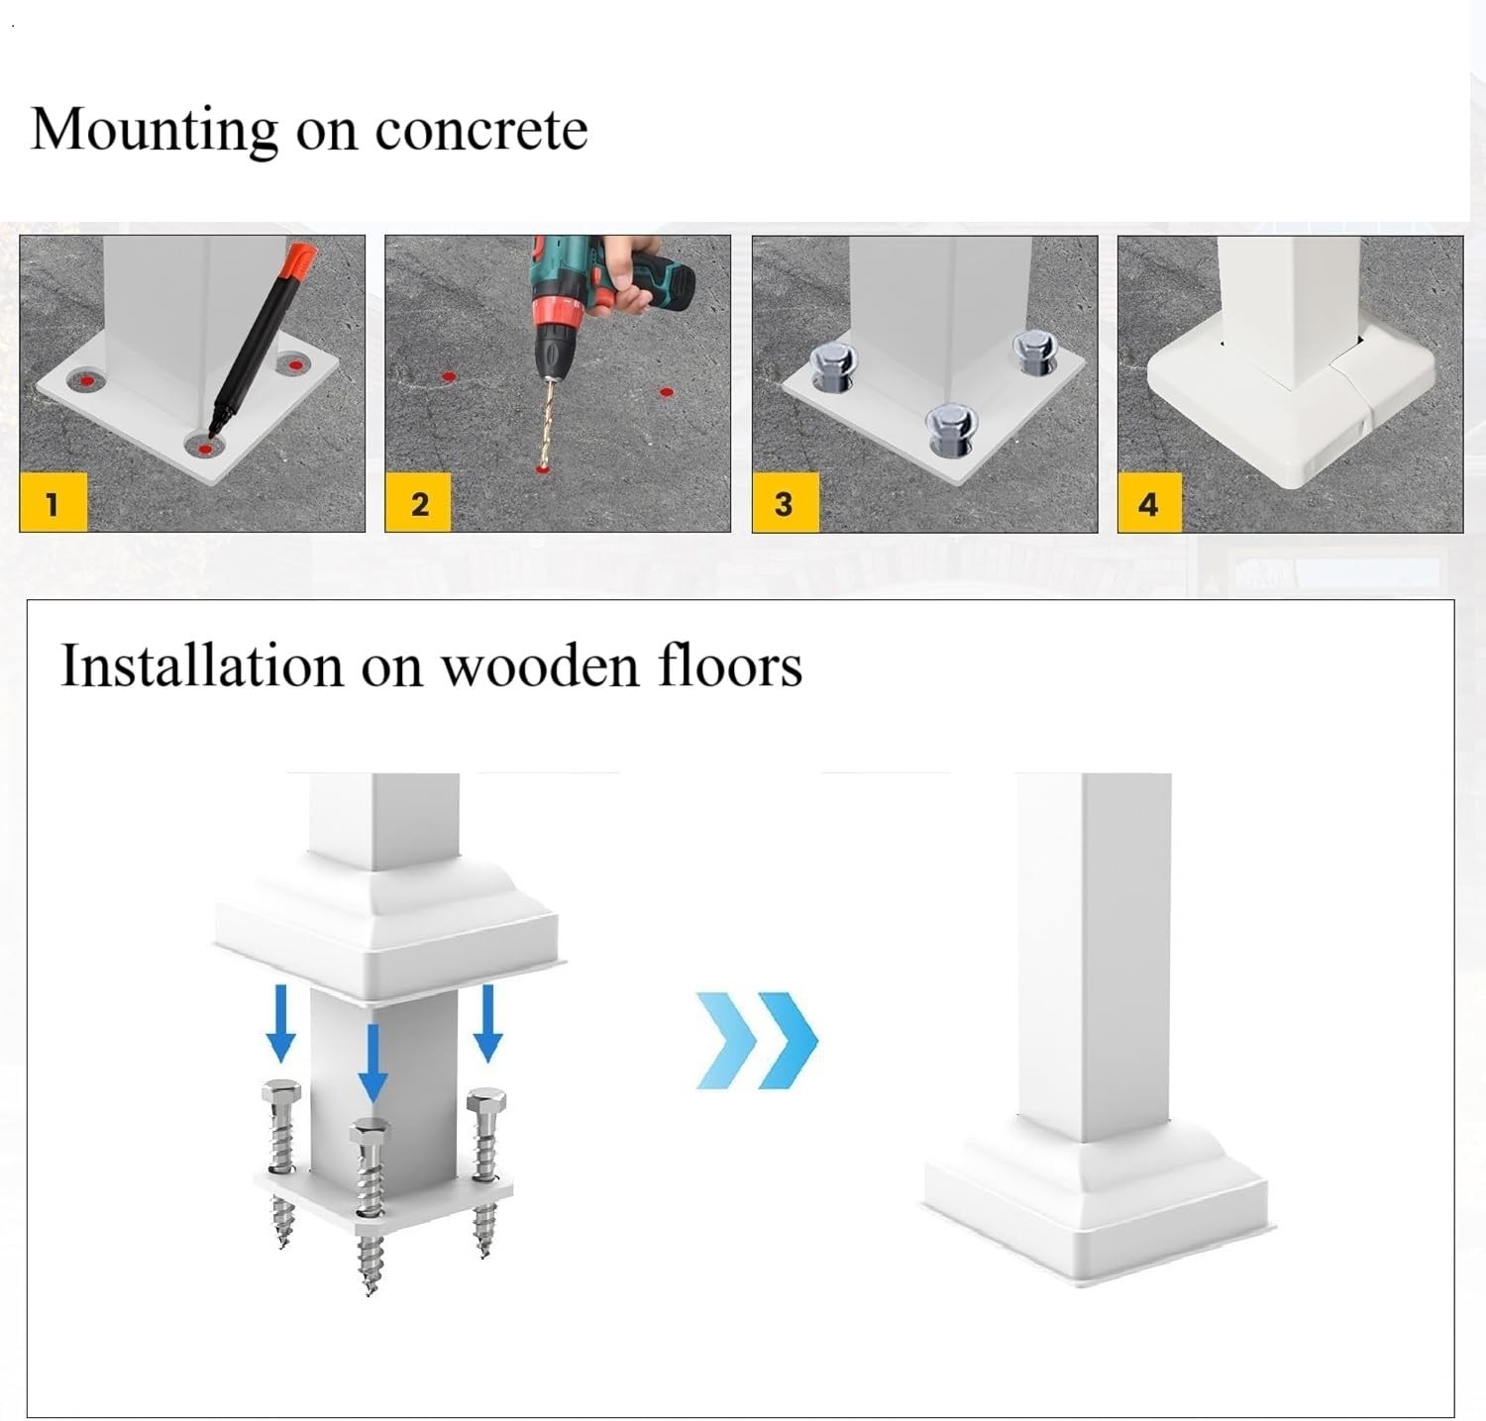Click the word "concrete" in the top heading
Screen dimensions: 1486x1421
click(481, 130)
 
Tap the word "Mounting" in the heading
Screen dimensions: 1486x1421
click(155, 130)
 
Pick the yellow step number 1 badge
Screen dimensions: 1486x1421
click(53, 503)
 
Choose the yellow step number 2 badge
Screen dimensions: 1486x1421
click(419, 503)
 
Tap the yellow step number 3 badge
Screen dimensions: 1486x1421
click(785, 503)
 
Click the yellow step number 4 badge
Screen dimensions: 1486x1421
click(1149, 503)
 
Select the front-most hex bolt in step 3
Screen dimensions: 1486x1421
click(950, 431)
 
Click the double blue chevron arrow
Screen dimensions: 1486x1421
click(757, 1040)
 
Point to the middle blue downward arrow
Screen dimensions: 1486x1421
click(372, 1063)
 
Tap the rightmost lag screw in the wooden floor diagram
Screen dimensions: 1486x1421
click(486, 1168)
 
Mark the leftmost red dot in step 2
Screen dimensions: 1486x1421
click(448, 376)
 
